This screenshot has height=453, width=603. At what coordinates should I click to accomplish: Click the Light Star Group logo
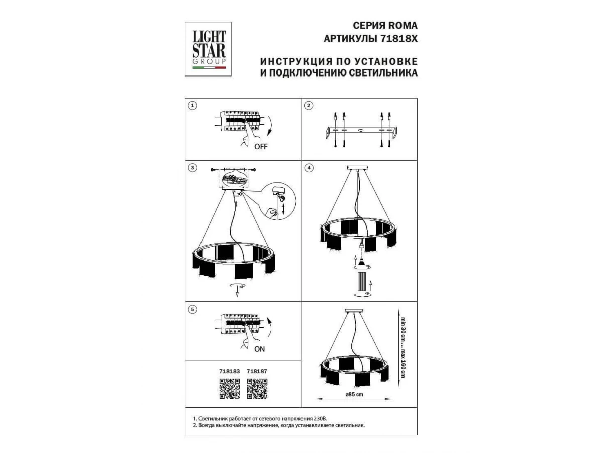pyautogui.click(x=208, y=49)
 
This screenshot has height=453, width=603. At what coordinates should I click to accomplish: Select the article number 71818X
pyautogui.click(x=399, y=39)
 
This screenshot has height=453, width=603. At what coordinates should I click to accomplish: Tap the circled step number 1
pyautogui.click(x=192, y=106)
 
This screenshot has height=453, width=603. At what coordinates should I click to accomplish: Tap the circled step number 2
pyautogui.click(x=309, y=106)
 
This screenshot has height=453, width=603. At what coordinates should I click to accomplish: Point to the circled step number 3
pyautogui.click(x=192, y=168)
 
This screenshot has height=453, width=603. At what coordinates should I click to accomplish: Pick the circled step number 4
pyautogui.click(x=309, y=168)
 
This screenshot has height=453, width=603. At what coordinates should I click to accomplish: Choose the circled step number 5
pyautogui.click(x=192, y=309)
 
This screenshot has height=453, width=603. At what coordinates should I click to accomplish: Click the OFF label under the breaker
pyautogui.click(x=261, y=147)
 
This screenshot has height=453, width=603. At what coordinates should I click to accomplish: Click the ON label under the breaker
pyautogui.click(x=260, y=349)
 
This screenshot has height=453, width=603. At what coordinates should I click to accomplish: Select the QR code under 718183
pyautogui.click(x=229, y=389)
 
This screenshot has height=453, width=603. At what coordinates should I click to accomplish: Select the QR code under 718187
pyautogui.click(x=257, y=389)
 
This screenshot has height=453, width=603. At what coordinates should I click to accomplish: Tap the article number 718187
pyautogui.click(x=257, y=371)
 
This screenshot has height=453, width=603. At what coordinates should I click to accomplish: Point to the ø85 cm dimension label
pyautogui.click(x=354, y=395)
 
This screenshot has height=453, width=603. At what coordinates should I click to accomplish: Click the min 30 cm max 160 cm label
pyautogui.click(x=403, y=347)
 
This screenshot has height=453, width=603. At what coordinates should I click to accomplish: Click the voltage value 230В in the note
pyautogui.click(x=320, y=419)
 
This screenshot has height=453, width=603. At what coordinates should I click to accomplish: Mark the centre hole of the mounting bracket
pyautogui.click(x=361, y=130)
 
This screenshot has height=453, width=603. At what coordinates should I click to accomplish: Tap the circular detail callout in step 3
pyautogui.click(x=278, y=201)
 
